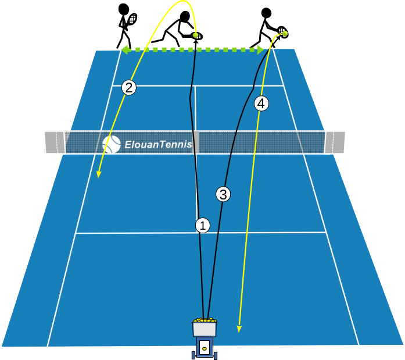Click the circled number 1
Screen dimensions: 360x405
click(x=202, y=225)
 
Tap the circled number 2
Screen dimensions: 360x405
click(x=129, y=88)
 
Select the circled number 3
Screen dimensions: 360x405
click(x=224, y=194)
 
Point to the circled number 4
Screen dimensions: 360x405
click(x=261, y=104)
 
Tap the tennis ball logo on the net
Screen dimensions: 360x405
click(x=111, y=144)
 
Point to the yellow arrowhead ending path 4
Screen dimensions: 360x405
click(x=239, y=330)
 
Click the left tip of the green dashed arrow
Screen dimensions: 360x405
click(x=123, y=50)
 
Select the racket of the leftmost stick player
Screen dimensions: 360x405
click(x=133, y=19)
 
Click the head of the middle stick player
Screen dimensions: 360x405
click(x=185, y=16)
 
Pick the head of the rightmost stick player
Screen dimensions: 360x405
click(x=266, y=13)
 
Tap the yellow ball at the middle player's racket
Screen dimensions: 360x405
click(x=196, y=35)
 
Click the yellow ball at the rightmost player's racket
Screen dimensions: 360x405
click(x=284, y=33)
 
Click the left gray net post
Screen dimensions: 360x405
click(x=55, y=142)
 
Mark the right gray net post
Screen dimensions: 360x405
click(x=335, y=142)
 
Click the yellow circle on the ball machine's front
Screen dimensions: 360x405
click(x=205, y=348)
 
